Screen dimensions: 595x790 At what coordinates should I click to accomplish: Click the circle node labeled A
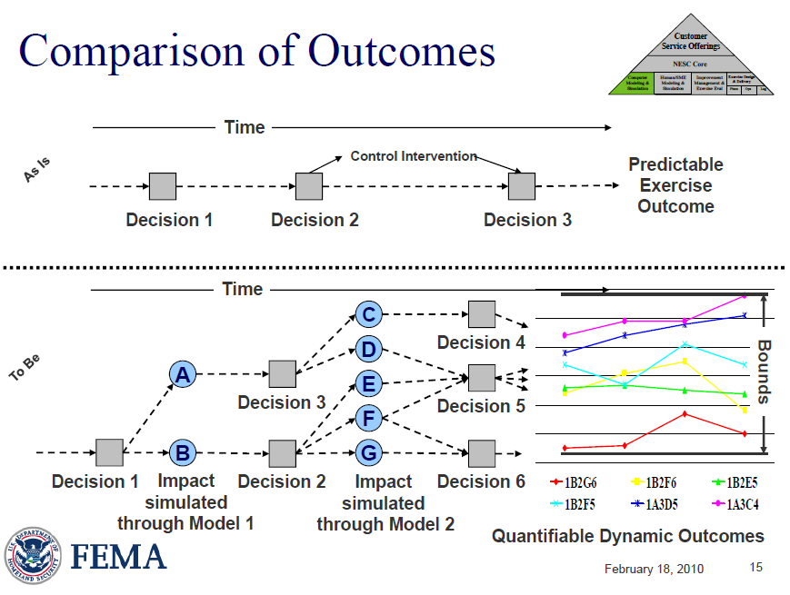coord(183,373)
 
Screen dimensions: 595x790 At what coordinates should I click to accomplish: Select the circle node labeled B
coord(183,451)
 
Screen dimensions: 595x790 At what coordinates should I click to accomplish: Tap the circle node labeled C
coord(368,314)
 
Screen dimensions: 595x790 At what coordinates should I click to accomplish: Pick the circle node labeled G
coord(368,451)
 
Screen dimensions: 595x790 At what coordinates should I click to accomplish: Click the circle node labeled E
coord(368,384)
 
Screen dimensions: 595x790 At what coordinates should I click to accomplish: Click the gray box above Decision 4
coord(482,314)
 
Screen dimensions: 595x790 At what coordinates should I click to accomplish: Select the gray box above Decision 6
coord(482,451)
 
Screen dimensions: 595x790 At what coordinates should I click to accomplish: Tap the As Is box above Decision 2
coord(309,186)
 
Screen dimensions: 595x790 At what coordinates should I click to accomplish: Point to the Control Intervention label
coord(414,156)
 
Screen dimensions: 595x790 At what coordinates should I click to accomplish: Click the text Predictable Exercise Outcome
coord(675,185)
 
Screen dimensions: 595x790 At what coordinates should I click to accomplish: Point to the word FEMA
coord(118,556)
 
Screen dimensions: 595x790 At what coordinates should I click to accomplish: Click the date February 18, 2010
coord(653,569)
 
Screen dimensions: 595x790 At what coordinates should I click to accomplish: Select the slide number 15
coord(755,568)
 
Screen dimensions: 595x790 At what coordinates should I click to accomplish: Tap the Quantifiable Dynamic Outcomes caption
coord(628,536)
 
